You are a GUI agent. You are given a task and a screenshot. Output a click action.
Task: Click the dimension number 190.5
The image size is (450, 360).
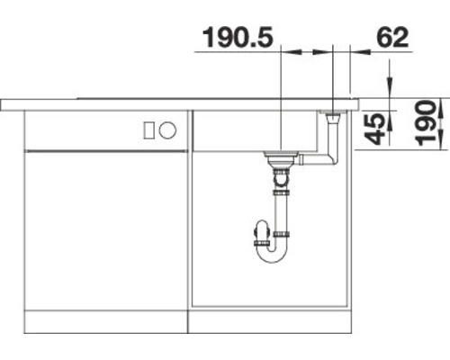pos(238,39)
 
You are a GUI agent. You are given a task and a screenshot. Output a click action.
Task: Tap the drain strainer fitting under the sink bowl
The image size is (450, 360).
pos(281,160)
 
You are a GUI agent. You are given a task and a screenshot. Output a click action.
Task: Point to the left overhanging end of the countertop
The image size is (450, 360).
pos(11,104)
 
